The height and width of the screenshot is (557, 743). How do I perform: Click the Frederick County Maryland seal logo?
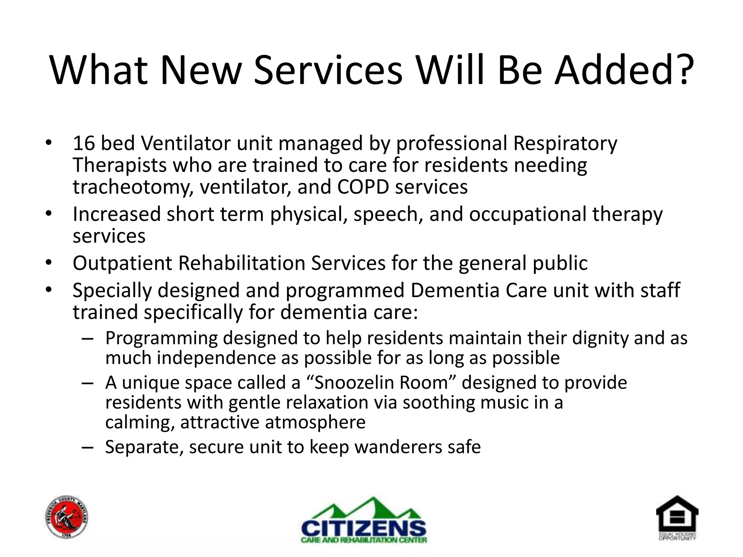click(x=67, y=517)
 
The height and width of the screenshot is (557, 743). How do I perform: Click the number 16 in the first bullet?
click(x=84, y=143)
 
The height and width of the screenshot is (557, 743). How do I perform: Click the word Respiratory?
click(x=565, y=144)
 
